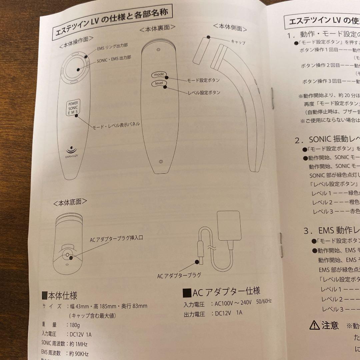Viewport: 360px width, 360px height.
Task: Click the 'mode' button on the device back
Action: click(158, 75)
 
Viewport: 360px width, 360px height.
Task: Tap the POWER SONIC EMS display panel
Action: click(72, 108)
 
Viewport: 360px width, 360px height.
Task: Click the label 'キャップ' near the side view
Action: click(238, 42)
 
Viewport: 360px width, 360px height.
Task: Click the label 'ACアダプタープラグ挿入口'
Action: click(116, 240)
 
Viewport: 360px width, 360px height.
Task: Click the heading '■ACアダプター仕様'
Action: click(222, 292)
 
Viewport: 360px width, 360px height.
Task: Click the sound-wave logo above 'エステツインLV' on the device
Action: click(70, 149)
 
